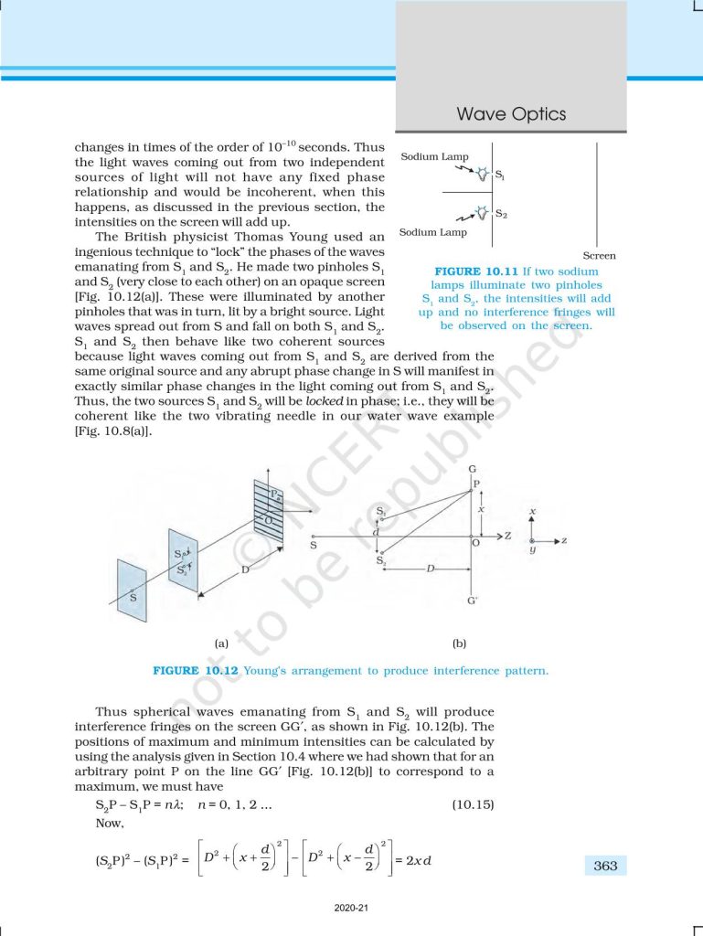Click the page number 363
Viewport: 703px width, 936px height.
point(605,866)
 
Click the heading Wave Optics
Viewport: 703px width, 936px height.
point(511,114)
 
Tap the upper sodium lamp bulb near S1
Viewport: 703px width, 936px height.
point(482,173)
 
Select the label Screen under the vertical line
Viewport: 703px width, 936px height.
point(599,256)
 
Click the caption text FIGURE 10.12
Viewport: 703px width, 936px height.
point(196,671)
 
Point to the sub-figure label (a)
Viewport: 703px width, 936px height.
point(221,643)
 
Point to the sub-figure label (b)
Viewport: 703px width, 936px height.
point(460,643)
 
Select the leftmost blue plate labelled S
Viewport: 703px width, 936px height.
point(133,595)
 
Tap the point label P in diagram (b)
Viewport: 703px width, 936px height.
point(476,484)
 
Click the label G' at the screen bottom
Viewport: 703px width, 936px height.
point(472,601)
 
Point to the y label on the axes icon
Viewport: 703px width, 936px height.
point(532,551)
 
